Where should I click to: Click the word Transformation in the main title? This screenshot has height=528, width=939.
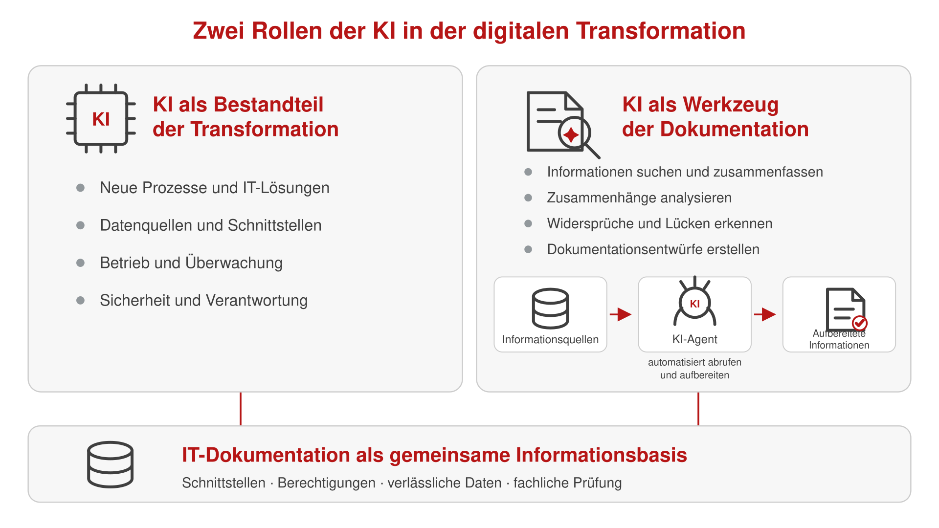click(661, 31)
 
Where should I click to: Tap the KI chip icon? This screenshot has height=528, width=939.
click(101, 118)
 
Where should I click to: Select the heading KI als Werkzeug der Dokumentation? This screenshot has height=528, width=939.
click(715, 117)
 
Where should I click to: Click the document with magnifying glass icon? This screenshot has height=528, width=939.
click(563, 125)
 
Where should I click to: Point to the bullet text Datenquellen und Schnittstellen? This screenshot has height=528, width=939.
click(211, 225)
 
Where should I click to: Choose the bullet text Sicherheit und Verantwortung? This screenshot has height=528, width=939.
click(204, 301)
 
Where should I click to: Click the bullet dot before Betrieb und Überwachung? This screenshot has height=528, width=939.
click(81, 263)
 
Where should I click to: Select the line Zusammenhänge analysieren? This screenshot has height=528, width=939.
click(639, 198)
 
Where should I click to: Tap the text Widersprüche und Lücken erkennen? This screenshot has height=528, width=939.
click(660, 224)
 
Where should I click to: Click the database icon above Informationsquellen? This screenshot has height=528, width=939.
click(550, 308)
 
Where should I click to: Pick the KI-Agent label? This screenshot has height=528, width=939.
click(694, 339)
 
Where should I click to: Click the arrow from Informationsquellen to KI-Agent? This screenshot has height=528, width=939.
click(621, 314)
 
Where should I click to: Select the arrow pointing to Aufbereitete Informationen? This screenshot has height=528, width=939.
click(765, 314)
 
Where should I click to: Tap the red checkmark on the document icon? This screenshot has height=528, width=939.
click(859, 323)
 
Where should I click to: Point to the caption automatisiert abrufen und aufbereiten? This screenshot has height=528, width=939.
click(694, 369)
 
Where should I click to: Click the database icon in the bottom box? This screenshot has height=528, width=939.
click(110, 464)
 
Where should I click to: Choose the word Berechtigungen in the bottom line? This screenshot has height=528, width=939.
click(326, 483)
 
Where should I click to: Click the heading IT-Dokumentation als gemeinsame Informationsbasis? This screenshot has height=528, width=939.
click(434, 455)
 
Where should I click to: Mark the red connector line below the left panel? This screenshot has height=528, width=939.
click(241, 409)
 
